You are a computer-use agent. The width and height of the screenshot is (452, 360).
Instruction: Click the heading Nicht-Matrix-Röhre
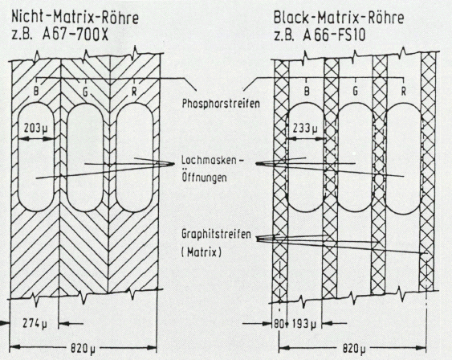75,18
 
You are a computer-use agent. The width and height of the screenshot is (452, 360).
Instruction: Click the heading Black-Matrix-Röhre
339,18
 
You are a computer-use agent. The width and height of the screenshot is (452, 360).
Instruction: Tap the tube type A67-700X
75,35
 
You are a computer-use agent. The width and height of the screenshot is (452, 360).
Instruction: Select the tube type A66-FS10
334,35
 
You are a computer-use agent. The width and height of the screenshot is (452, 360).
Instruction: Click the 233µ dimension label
305,128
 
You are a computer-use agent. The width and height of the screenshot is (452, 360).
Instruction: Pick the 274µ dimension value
35,324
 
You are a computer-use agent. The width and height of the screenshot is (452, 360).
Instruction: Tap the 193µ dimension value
304,325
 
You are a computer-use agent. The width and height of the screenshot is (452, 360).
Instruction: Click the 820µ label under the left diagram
83,349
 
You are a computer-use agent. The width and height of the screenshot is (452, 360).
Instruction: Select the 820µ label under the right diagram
354,349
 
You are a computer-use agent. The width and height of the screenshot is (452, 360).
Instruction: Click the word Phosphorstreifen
221,104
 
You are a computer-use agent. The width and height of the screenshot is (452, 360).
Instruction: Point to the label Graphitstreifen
216,234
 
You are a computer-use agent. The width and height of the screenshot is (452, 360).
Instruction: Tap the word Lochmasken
209,160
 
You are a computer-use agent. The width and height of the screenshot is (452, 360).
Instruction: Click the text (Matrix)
202,252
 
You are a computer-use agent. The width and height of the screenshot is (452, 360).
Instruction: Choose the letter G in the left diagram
85,92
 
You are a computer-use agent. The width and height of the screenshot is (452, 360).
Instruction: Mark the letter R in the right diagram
404,92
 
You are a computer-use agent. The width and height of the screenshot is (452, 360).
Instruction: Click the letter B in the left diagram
36,91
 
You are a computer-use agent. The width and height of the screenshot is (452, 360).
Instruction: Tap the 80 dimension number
279,324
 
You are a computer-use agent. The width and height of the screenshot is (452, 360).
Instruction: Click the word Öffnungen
204,176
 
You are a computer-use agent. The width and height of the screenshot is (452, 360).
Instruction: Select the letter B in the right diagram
307,91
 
